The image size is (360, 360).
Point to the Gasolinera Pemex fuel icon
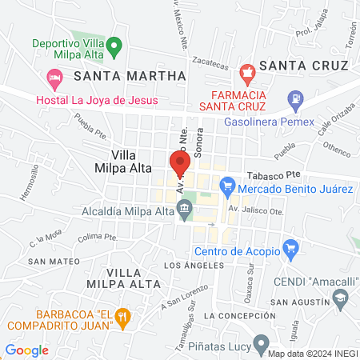pos(297,101)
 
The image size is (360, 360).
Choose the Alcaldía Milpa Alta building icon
pos(185,211)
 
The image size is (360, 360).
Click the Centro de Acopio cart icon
pos(290,250)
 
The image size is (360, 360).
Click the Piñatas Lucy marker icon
pos(261,344)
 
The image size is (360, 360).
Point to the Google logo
pos(26,350)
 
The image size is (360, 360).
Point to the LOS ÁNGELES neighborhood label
pos(189,265)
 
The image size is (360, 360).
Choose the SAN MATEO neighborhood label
pos(54,262)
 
